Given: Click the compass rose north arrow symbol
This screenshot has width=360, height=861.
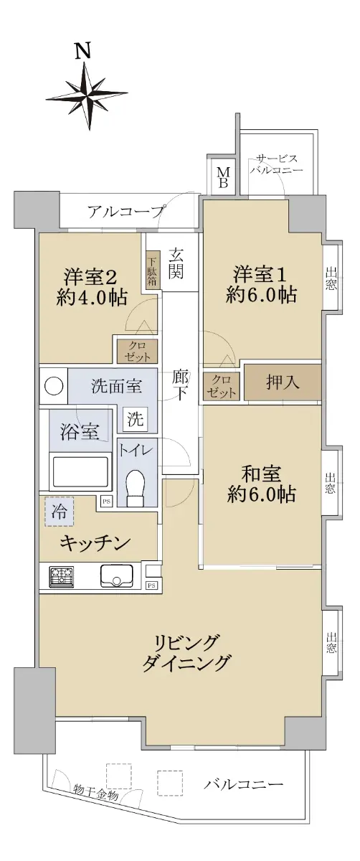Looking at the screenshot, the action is [x=87, y=95].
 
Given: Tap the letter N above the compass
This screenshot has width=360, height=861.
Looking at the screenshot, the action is [x=83, y=50].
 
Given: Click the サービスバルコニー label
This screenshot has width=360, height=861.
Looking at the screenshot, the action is [x=277, y=164].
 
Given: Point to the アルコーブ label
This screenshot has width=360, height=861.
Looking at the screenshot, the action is [x=125, y=212].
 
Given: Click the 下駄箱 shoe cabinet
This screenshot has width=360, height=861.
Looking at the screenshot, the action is [x=152, y=270].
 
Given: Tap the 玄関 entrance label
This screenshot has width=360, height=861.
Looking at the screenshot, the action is [x=177, y=264].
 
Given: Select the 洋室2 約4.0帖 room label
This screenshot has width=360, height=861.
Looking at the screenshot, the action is [x=91, y=287].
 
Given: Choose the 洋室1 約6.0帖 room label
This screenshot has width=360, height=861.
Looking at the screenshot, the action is [x=261, y=285].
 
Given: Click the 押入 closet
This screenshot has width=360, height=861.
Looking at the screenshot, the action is [x=283, y=383].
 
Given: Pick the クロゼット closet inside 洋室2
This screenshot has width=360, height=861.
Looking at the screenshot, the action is [x=138, y=351].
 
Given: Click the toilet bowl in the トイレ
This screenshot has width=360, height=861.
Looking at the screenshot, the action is [x=135, y=487].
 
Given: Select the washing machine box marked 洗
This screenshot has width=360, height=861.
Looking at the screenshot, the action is [x=135, y=419].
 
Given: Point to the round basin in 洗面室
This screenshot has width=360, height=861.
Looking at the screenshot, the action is [x=54, y=386].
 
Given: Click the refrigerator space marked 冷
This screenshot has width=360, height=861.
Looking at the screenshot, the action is [x=60, y=512].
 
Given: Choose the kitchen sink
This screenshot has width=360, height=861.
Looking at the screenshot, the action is [x=117, y=575].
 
